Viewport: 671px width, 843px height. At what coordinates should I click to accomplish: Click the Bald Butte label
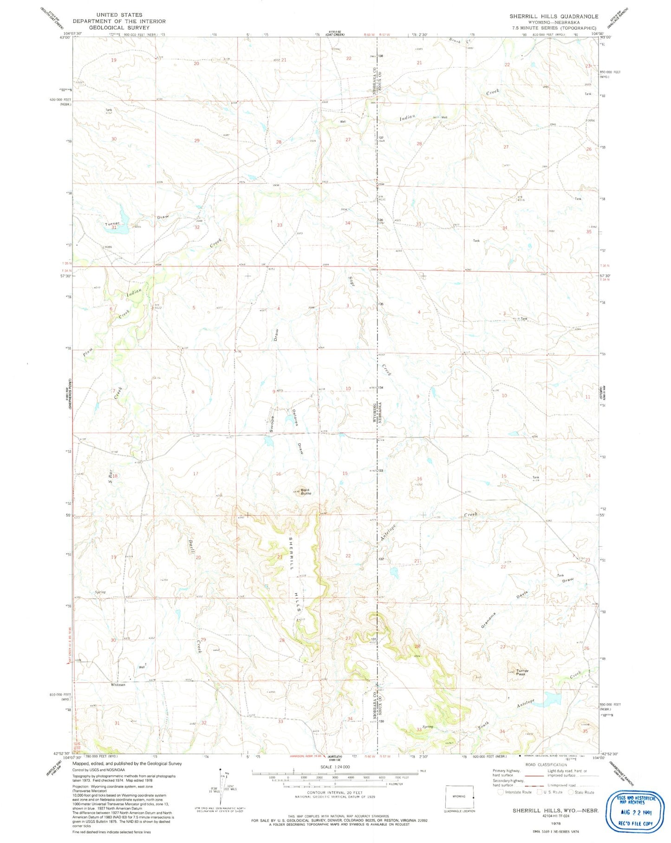click(x=305, y=491)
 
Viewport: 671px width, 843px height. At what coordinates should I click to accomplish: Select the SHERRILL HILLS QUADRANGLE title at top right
click(x=554, y=16)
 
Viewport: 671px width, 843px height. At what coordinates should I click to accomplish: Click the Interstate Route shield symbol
click(x=501, y=792)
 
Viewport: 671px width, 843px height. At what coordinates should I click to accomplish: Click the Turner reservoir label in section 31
click(x=112, y=224)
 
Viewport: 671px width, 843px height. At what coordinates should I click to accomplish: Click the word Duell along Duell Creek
click(x=191, y=543)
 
